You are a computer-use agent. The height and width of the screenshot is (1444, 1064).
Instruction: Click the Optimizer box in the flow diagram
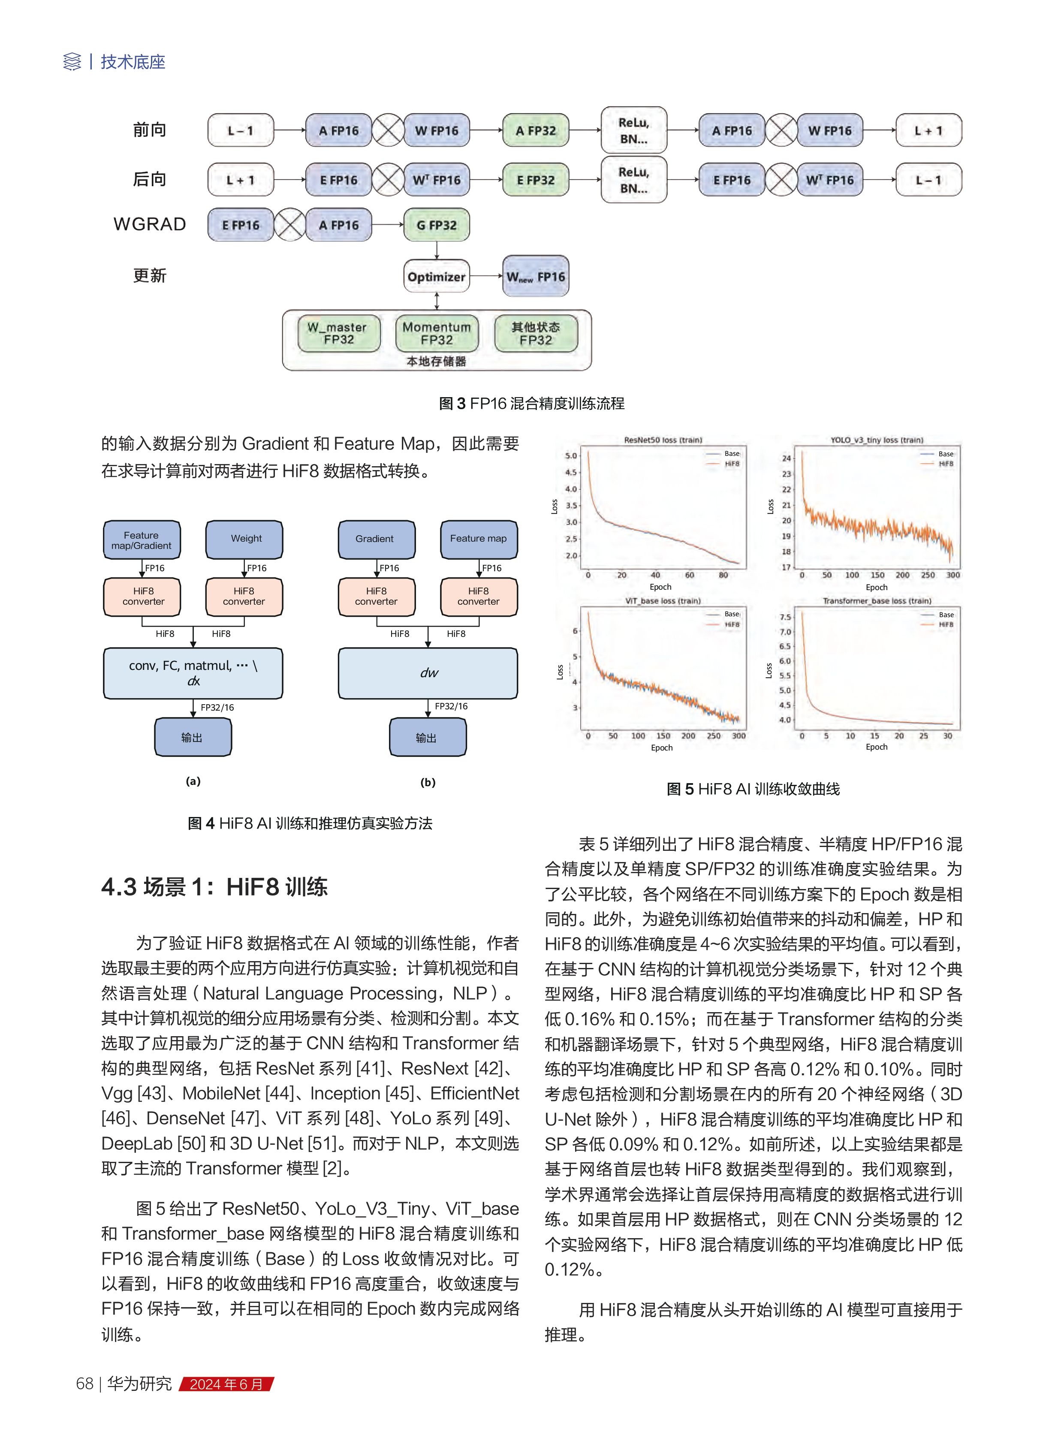click(x=436, y=277)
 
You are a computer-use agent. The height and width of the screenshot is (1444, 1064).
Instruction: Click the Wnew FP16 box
click(x=535, y=277)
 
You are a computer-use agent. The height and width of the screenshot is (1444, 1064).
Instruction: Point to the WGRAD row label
click(x=149, y=224)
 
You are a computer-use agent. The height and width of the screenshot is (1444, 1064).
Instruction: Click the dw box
click(x=428, y=673)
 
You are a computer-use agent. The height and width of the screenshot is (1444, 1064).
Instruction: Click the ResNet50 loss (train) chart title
click(x=663, y=440)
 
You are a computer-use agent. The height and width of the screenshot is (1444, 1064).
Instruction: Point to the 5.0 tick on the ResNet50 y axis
click(x=571, y=455)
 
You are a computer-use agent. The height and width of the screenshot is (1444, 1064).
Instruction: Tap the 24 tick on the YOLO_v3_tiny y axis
click(x=787, y=458)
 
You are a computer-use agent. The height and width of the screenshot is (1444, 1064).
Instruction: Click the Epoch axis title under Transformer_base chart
click(x=877, y=747)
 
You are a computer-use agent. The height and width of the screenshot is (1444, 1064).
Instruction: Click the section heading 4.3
click(x=214, y=887)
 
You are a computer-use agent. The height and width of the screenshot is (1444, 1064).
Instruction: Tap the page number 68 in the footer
click(x=84, y=1384)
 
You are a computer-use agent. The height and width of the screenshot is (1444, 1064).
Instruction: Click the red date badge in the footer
click(x=226, y=1384)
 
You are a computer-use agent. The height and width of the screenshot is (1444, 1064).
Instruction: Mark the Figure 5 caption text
click(x=753, y=789)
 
